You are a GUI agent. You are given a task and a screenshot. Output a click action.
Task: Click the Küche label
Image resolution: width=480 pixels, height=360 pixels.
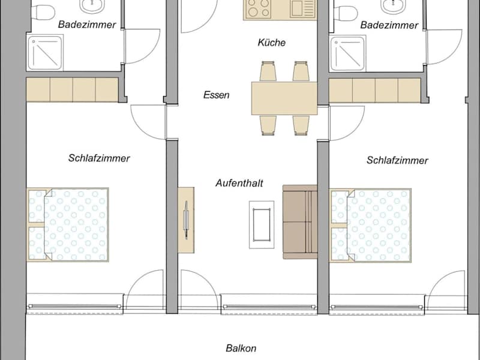click(272, 42)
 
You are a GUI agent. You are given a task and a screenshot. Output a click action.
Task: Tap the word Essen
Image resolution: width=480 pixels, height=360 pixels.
click(217, 95)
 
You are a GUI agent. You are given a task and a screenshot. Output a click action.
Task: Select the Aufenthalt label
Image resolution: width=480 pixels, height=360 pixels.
click(239, 183)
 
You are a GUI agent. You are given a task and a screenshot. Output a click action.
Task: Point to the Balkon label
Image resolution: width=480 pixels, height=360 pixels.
click(241, 348)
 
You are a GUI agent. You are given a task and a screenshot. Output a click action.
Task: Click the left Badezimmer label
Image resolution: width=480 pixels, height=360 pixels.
click(87, 25)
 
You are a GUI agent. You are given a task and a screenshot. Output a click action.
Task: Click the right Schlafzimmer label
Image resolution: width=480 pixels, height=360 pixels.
click(397, 160)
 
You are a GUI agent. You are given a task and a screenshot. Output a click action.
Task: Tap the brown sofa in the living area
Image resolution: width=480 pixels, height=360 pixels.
click(300, 222)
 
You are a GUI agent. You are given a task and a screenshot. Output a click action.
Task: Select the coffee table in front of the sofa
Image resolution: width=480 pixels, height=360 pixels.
click(262, 224)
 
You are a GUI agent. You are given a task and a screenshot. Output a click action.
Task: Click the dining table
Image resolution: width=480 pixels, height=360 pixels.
click(284, 98)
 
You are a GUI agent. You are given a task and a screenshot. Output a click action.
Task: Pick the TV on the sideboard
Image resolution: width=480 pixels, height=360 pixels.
click(186, 220)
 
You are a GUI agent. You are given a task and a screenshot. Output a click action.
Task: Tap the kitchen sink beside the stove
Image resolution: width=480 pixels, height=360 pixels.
click(302, 8)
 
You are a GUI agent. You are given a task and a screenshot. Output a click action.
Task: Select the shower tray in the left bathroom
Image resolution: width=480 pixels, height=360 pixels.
click(44, 53)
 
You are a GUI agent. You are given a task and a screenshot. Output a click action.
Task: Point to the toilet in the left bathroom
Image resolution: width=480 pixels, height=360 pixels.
click(43, 11)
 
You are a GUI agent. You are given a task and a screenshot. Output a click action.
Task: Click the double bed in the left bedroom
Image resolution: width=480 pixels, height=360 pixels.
click(68, 224)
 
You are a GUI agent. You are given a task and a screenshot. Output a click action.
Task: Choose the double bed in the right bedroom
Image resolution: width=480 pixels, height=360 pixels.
click(370, 226)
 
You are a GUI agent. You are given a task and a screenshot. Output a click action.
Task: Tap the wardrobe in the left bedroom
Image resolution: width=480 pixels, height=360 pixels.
click(73, 89)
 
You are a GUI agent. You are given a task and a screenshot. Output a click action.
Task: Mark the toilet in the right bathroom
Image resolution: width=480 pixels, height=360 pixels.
click(346, 13)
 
